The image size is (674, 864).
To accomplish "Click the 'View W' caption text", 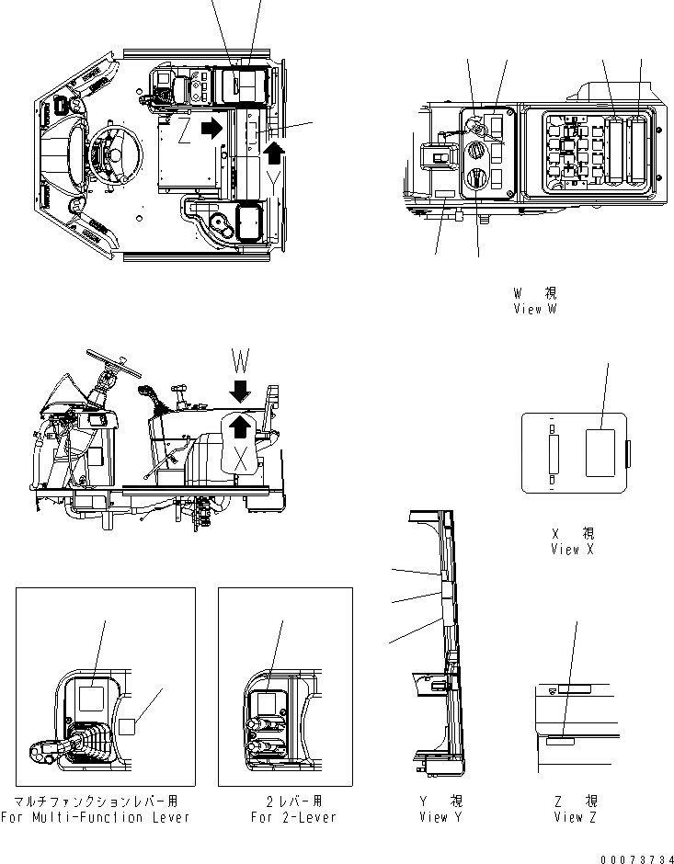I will point(535,310).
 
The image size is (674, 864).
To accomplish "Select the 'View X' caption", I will point(572,549).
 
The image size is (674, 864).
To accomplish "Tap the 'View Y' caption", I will point(433,815).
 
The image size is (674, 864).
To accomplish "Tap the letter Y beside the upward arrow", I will point(276,174).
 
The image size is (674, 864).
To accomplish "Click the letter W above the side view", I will point(239,355).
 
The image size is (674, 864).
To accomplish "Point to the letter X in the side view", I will point(240,457).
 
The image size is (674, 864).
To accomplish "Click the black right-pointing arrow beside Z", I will point(211,130).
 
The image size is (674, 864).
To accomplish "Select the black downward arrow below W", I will point(239,391).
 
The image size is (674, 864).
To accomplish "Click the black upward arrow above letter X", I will point(240,425).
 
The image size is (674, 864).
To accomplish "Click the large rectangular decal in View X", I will point(600,453).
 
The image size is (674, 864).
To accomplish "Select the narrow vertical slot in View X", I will point(553,453).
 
